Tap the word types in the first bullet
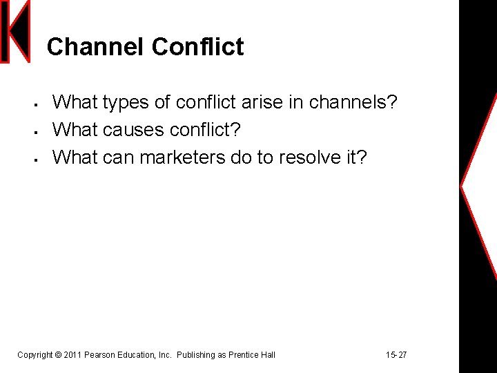point(126,103)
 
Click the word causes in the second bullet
point(136,130)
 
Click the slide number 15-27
point(396,355)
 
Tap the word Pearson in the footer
point(99,355)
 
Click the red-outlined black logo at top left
point(16,32)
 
